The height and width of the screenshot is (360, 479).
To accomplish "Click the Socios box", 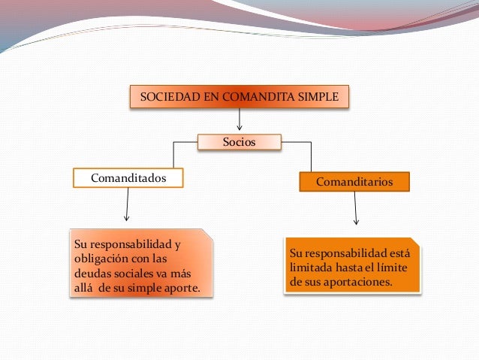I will (239, 141).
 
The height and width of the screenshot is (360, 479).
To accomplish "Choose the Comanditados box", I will (128, 178).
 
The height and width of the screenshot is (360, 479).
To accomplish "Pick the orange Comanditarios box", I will (354, 181).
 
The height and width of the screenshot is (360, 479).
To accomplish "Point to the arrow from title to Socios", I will (239, 120).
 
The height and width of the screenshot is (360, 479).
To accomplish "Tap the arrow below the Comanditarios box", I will (356, 207).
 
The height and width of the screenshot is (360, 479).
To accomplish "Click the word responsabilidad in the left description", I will (125, 245).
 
